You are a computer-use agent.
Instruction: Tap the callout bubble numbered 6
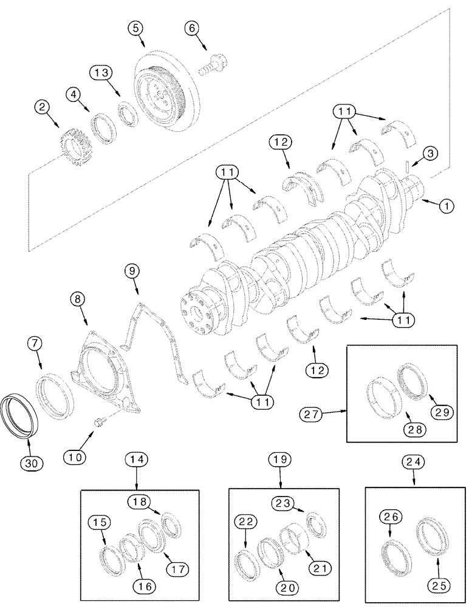click(193, 27)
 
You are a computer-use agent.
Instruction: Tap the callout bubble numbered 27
click(311, 415)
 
